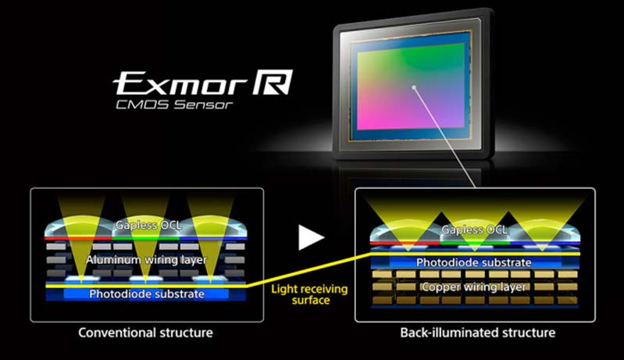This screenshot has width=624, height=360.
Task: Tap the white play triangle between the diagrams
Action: click(x=312, y=237)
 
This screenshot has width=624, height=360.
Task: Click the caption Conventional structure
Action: click(x=145, y=333)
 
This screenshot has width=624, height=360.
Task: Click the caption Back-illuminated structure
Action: click(x=477, y=333)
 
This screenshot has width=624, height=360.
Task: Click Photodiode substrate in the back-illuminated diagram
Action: click(x=474, y=262)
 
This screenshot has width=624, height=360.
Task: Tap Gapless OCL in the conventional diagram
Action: click(x=146, y=225)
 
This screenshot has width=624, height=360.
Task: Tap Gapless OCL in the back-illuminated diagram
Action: click(x=474, y=230)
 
